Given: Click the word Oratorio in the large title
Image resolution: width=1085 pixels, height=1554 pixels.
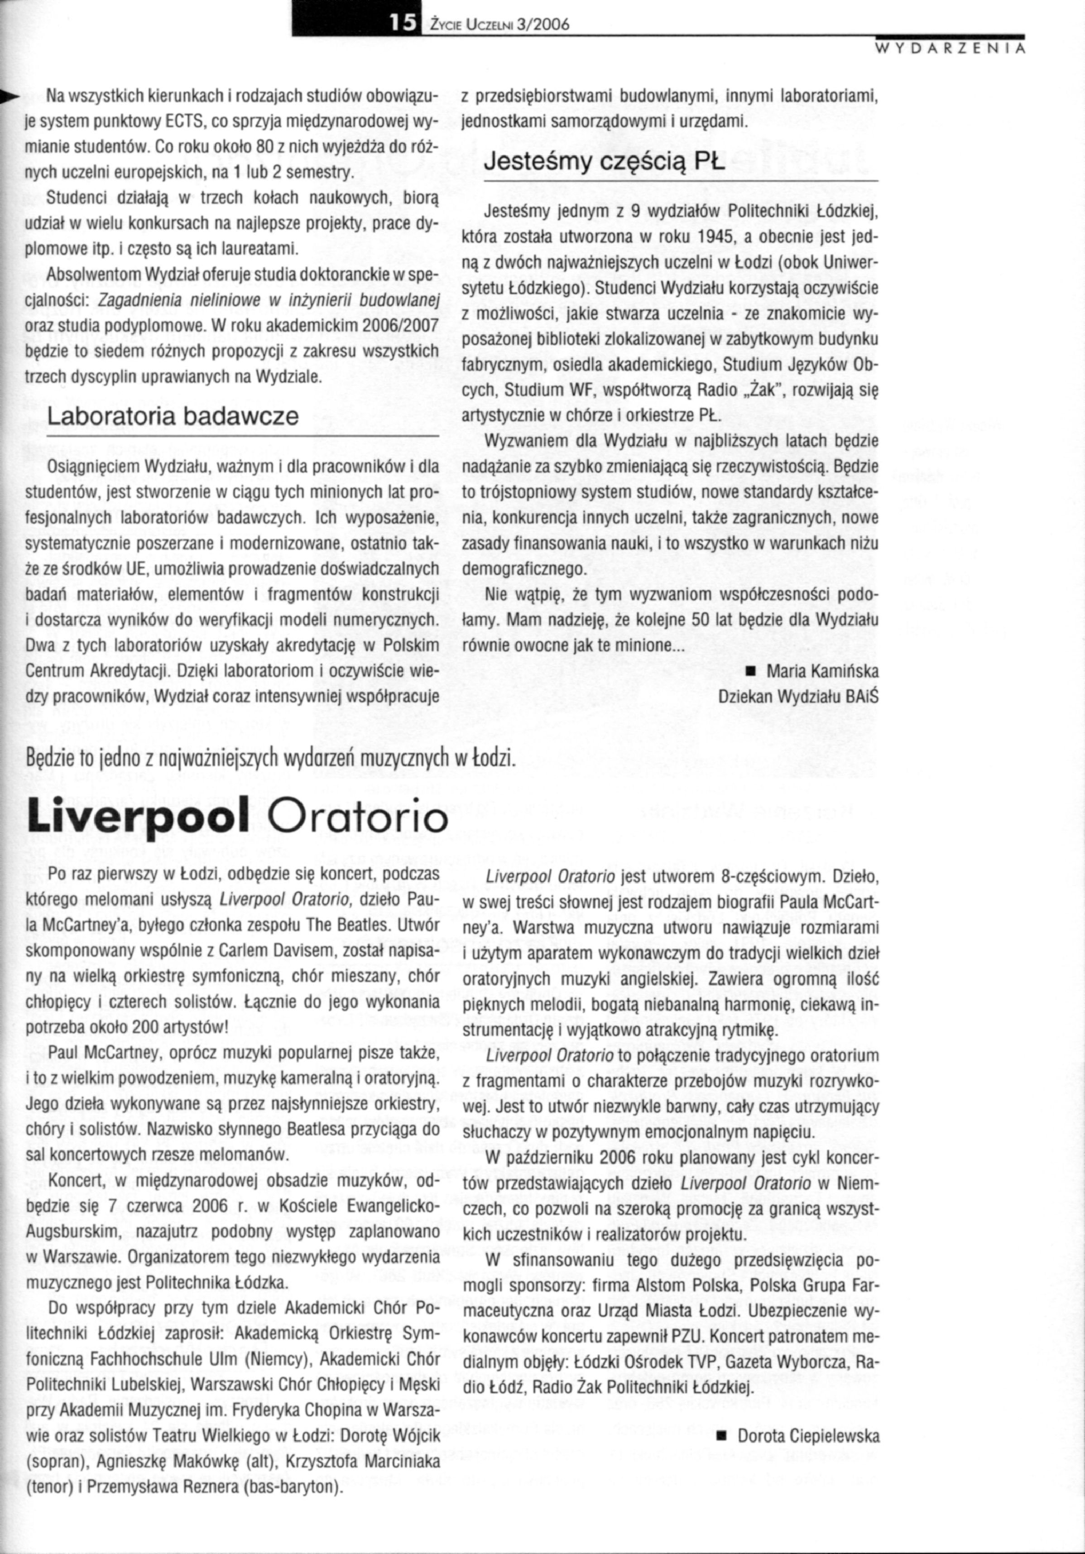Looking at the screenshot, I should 359,818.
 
